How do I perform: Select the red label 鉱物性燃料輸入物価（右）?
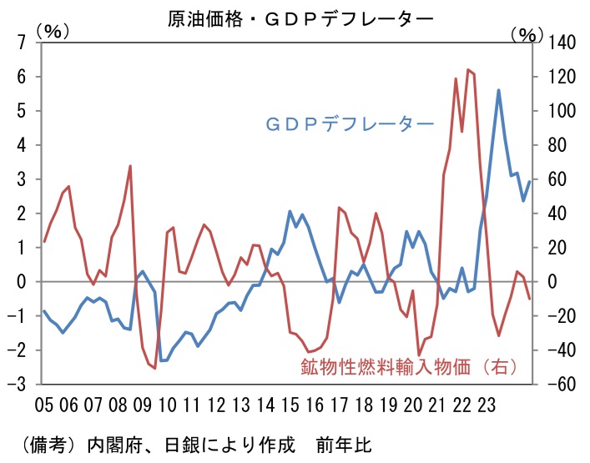point(408,365)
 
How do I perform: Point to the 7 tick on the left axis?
point(23,43)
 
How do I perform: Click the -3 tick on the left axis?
point(20,385)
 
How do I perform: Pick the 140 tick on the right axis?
point(559,43)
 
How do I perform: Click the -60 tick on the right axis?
point(559,385)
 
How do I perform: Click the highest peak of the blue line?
point(498,90)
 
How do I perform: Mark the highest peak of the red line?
point(467,70)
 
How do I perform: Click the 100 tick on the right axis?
point(559,111)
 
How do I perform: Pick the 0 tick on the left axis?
point(23,282)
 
